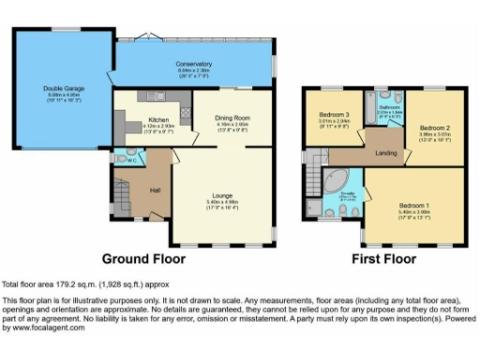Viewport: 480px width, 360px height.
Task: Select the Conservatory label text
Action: tap(195, 63)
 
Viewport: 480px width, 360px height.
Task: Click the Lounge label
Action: tap(222, 194)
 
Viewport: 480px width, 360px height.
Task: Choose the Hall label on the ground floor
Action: tap(156, 190)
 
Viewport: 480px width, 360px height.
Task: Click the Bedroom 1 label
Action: tap(412, 203)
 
